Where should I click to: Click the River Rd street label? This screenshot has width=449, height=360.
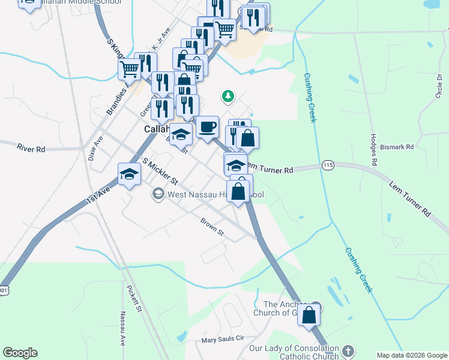coord(32,148)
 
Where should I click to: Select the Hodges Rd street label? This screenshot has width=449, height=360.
coord(373,149)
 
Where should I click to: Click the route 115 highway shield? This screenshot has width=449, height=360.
coord(328,165)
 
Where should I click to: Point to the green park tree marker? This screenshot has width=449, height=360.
coord(228,95)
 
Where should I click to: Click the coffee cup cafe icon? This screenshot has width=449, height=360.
coord(207,127)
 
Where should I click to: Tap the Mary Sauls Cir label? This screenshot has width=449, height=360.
coord(223,338)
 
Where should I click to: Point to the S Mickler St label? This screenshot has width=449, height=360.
coord(160,171)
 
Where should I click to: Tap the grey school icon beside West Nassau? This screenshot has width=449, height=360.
coord(158,193)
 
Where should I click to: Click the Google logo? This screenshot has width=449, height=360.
coord(20,353)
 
